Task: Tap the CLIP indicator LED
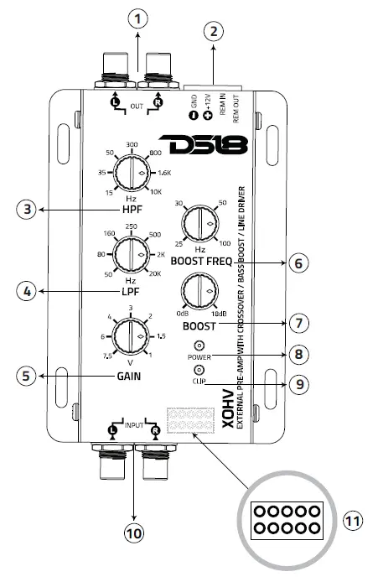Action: pos(199,370)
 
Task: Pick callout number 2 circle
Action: pos(215,33)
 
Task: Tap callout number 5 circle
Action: pos(28,377)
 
